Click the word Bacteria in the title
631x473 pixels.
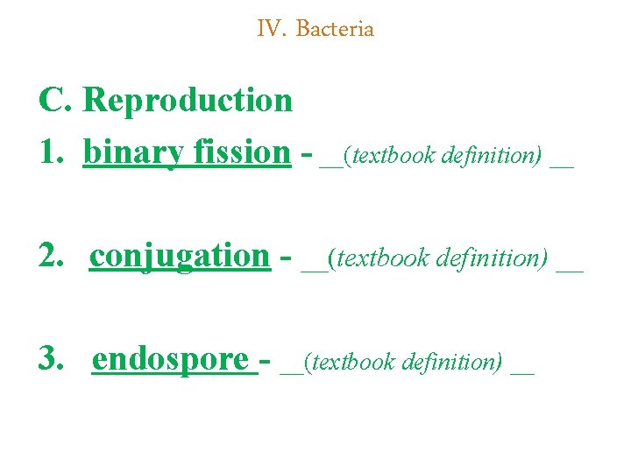(335, 29)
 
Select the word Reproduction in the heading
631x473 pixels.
(188, 100)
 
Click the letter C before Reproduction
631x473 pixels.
(54, 100)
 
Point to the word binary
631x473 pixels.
(133, 152)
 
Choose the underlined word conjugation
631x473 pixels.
(180, 256)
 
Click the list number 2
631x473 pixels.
(51, 256)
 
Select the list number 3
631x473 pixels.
(51, 359)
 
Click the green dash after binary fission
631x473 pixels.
(306, 154)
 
